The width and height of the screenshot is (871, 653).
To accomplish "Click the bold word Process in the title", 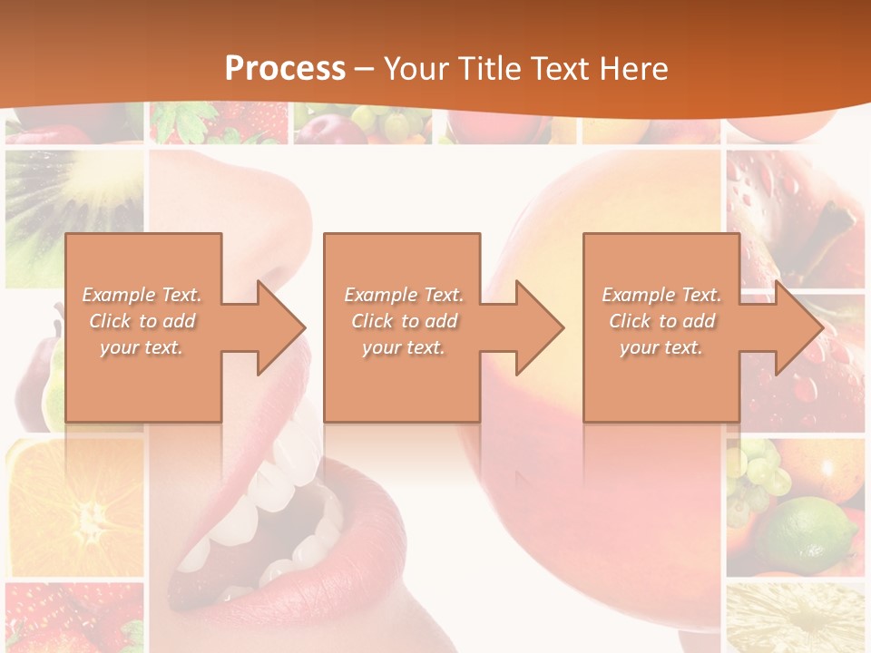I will coord(285,69).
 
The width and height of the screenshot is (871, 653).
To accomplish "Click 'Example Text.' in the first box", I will coord(142,295).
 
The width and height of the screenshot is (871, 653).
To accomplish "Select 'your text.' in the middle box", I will coord(403,347).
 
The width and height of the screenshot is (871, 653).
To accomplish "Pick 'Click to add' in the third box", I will coord(661,321).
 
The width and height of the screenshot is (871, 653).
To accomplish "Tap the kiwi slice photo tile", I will coord(73,213).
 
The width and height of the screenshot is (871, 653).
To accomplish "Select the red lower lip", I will coord(299,580).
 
